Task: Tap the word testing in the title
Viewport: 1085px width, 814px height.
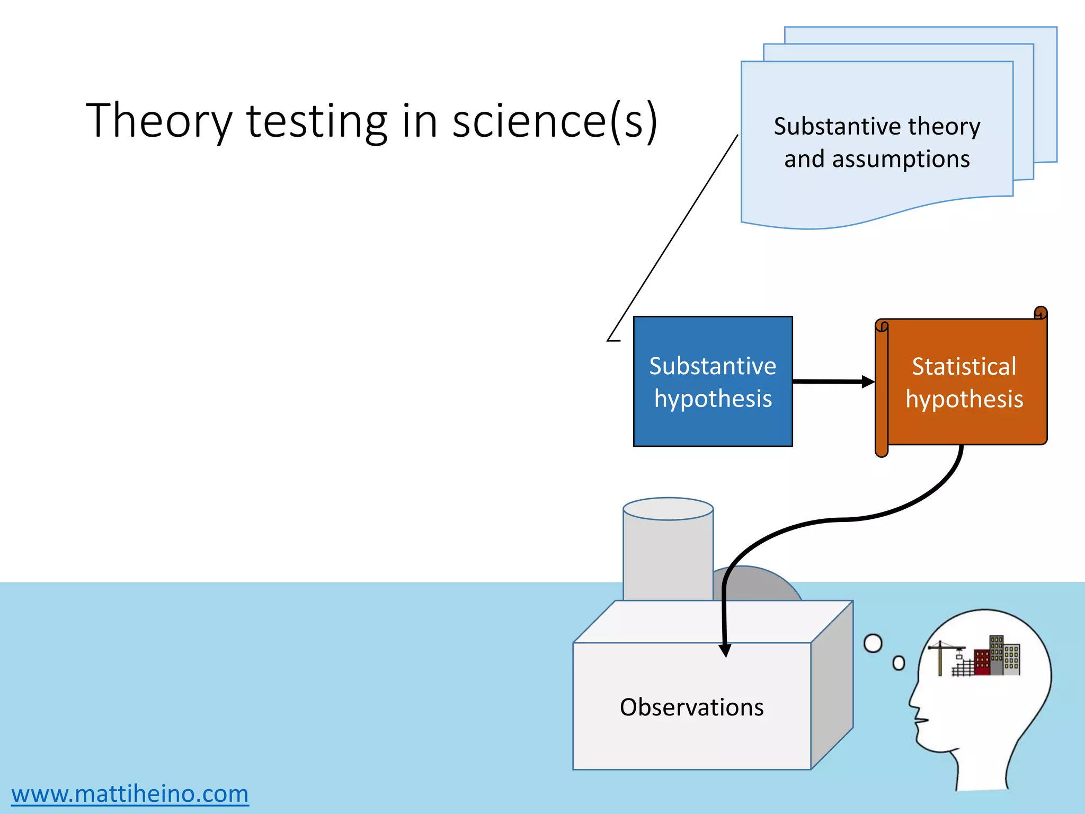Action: (x=317, y=122)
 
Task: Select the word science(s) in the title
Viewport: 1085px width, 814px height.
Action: (x=555, y=122)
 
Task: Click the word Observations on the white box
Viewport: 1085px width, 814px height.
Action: (x=691, y=707)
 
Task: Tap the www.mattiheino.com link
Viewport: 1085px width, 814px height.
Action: (x=130, y=793)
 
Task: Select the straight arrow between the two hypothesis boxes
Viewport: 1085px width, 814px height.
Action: (x=832, y=382)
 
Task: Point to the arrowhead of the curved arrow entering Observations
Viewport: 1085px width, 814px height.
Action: (x=725, y=650)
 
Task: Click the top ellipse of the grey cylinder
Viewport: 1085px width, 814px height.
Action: (x=668, y=509)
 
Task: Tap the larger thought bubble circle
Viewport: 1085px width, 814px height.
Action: (x=873, y=643)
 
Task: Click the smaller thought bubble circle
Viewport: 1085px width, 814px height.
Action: (x=899, y=663)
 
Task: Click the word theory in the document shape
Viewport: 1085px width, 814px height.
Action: (x=944, y=126)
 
